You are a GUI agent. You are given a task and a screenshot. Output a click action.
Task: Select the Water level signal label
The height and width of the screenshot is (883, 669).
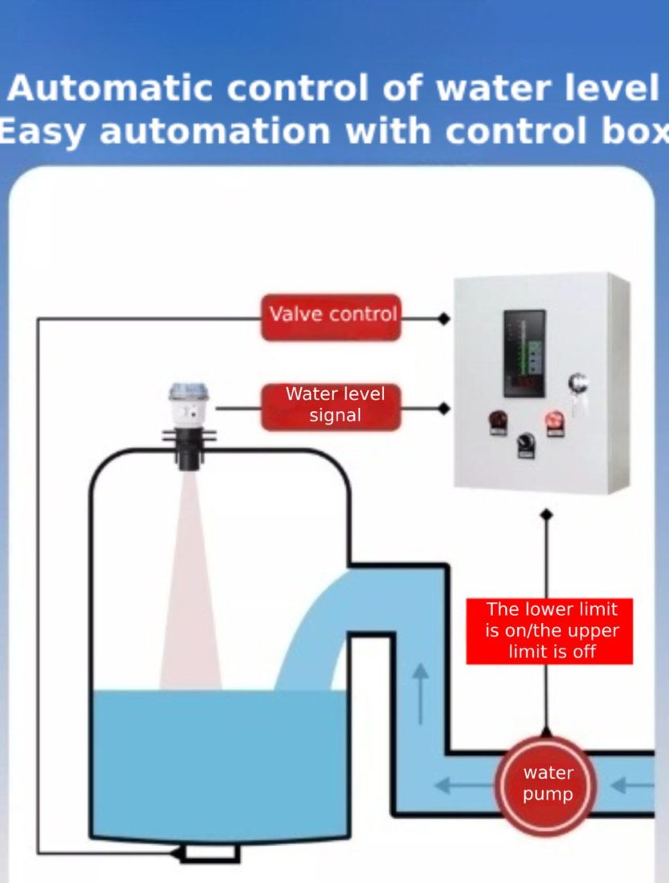(331, 406)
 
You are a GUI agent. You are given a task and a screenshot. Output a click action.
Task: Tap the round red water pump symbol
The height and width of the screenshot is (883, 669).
(546, 784)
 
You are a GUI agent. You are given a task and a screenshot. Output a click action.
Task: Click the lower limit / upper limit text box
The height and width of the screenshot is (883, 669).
(549, 631)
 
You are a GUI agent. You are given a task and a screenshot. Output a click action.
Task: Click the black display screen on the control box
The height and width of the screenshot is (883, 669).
(524, 353)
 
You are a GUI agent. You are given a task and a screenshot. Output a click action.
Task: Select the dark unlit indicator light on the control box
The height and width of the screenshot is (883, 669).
(497, 421)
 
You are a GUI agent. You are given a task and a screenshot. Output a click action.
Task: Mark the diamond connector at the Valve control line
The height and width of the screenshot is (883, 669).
(443, 319)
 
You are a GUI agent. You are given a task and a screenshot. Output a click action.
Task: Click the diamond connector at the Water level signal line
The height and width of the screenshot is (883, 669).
(443, 409)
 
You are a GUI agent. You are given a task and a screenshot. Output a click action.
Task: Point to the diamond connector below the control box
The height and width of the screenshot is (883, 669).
(546, 514)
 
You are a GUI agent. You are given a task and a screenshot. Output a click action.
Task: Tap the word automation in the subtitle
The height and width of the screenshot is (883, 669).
(217, 131)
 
